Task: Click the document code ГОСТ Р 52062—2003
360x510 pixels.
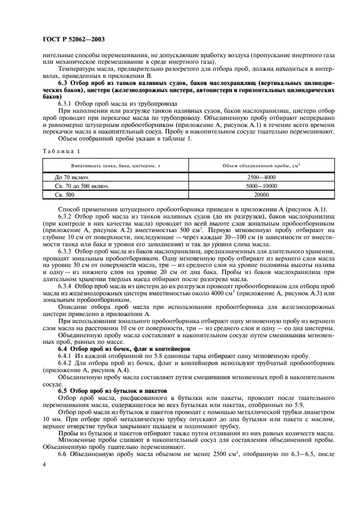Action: pyautogui.click(x=74, y=39)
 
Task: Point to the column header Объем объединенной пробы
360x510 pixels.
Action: pyautogui.click(x=262, y=165)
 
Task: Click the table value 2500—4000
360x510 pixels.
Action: pyautogui.click(x=262, y=177)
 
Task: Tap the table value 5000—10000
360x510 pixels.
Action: pyautogui.click(x=262, y=185)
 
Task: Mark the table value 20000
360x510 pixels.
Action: pyautogui.click(x=262, y=193)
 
